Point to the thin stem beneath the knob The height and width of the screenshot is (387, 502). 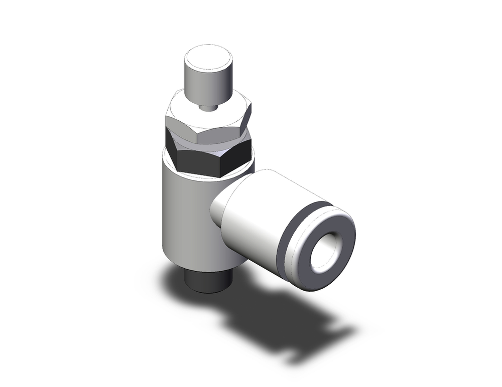(207, 106)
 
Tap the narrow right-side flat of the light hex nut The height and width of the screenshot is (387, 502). (246, 123)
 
